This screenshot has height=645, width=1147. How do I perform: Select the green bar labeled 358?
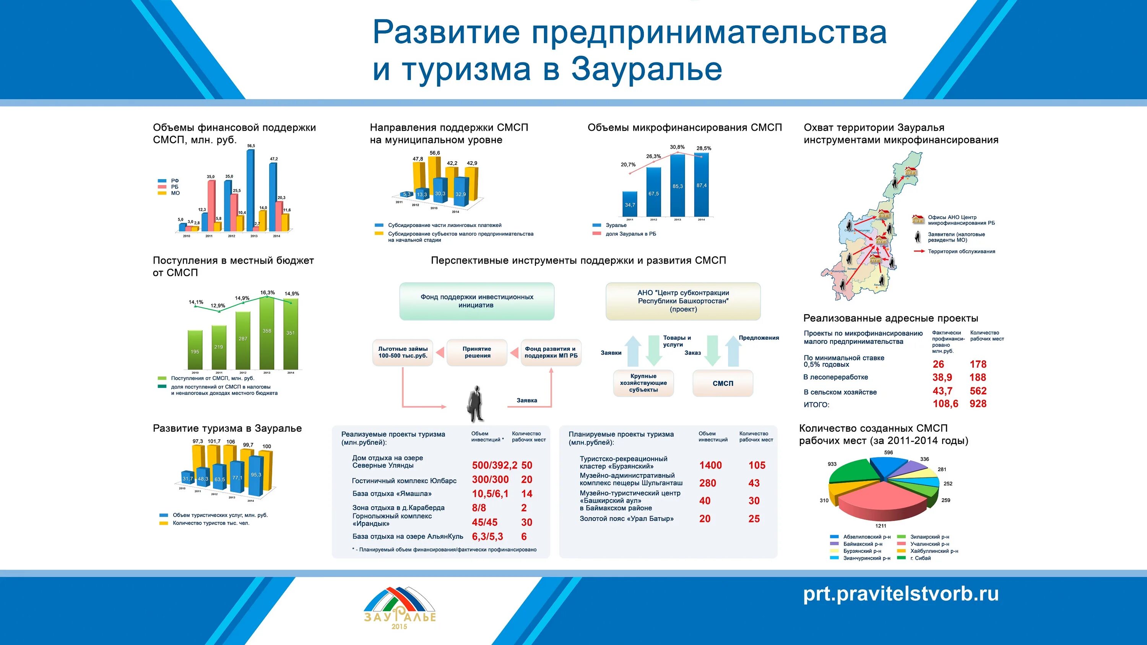267,332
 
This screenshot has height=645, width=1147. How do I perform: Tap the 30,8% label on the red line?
677,147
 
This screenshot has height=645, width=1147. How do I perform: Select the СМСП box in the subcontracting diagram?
723,383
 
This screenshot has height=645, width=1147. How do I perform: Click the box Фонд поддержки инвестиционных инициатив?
476,301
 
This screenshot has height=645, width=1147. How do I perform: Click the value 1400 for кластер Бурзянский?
710,465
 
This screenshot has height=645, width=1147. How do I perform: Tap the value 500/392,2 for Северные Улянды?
494,465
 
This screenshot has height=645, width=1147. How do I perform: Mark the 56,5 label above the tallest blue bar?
251,146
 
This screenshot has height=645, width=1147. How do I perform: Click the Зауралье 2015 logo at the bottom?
400,608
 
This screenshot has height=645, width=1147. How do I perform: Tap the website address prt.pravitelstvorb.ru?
900,594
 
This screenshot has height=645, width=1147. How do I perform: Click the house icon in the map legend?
918,219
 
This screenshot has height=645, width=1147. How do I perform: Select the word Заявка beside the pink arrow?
527,400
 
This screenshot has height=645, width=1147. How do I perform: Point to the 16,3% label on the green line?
267,292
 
